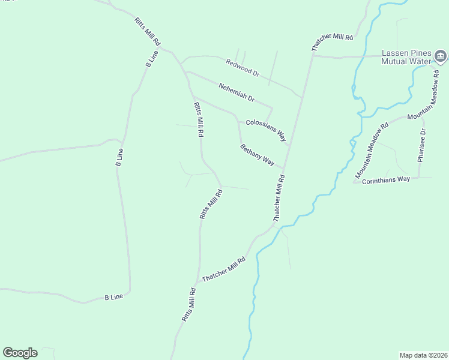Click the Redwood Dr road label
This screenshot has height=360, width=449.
[x=243, y=67]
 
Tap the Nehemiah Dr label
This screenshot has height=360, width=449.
[x=237, y=91]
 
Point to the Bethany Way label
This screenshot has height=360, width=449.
[x=257, y=155]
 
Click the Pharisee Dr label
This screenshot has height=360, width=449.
[x=423, y=145]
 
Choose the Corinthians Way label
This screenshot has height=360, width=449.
[x=386, y=179]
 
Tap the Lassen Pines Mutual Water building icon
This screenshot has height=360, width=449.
[x=441, y=57]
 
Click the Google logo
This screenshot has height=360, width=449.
[x=20, y=353]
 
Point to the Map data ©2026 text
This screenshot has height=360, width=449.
[x=423, y=355]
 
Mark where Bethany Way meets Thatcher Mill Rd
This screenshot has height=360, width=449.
[x=284, y=169]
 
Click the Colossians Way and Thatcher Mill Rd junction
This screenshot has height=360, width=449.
[x=290, y=146]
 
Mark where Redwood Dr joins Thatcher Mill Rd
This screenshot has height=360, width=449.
[x=301, y=97]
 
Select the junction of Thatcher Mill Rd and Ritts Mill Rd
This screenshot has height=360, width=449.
[x=196, y=284]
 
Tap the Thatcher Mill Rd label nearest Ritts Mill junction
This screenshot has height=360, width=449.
[x=224, y=270]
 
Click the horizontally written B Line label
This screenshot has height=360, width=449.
[x=113, y=297]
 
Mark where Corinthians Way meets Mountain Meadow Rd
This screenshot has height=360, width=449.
[x=354, y=181]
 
